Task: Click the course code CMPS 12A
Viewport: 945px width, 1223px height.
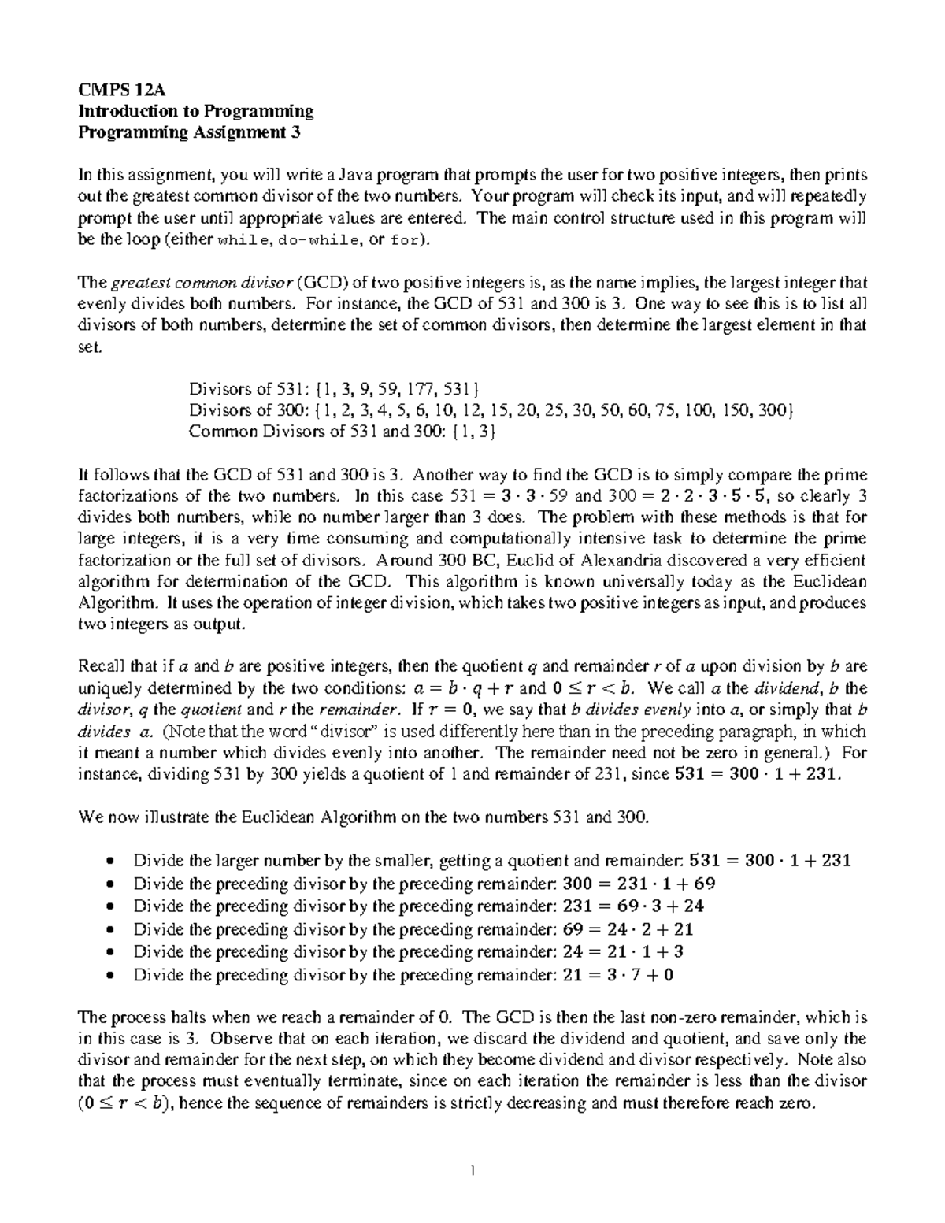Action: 110,90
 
